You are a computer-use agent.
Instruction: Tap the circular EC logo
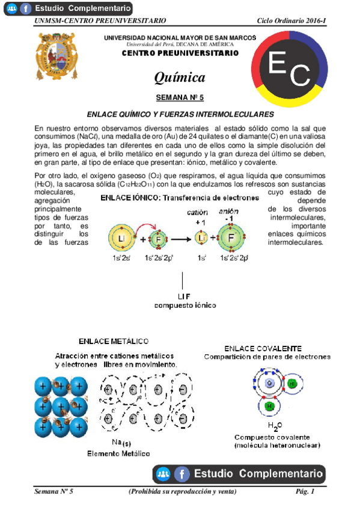tap(290, 72)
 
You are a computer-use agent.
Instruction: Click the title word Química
tap(180, 78)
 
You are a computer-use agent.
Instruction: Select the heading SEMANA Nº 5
tap(180, 97)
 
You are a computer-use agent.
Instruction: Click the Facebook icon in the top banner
tap(26, 8)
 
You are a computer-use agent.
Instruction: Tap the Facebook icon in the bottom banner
tap(182, 474)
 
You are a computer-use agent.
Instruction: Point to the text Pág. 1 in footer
tap(305, 492)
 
